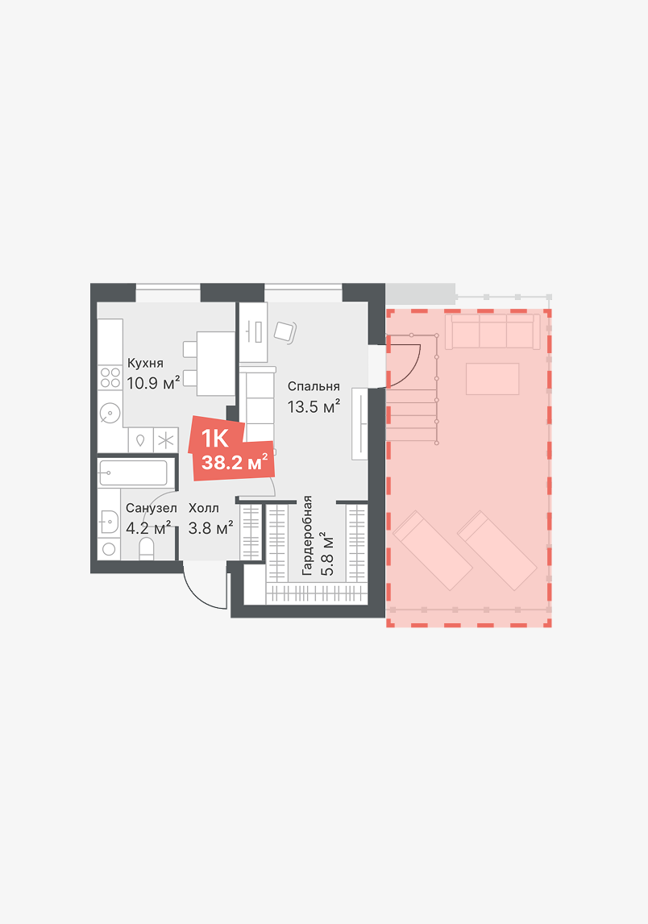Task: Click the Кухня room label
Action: [146, 363]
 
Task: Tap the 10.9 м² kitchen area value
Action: [153, 383]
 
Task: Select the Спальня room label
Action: [314, 386]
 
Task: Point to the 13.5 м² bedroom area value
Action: [314, 406]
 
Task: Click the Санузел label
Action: [152, 508]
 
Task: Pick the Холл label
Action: [203, 508]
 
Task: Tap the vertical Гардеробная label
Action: [306, 535]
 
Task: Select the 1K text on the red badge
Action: [214, 439]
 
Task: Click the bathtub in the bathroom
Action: [133, 472]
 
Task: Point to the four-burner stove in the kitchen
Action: [110, 377]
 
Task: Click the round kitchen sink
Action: [110, 413]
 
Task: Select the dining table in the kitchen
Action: [216, 364]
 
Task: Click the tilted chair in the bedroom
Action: [285, 331]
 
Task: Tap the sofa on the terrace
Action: [492, 331]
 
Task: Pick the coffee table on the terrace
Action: [492, 379]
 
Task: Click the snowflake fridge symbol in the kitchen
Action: [166, 439]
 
